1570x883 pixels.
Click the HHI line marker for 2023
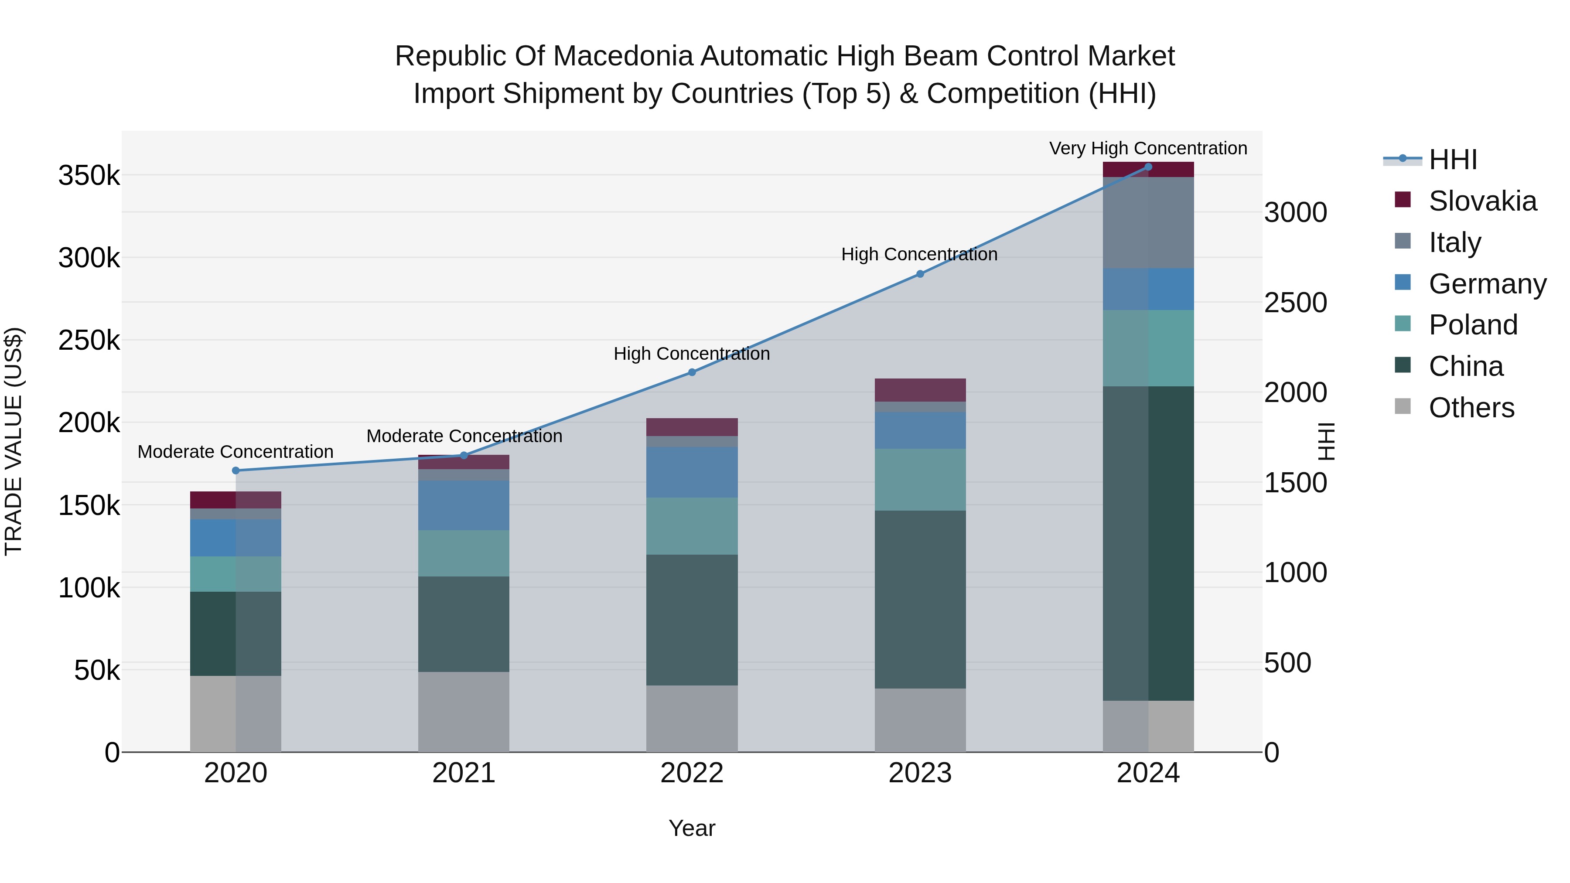coord(920,274)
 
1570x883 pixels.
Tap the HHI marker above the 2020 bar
coord(236,470)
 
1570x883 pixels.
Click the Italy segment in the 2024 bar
coord(1148,222)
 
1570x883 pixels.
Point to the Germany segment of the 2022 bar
coord(692,472)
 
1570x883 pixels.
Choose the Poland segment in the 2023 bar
coord(920,480)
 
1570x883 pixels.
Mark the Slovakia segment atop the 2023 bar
coord(920,390)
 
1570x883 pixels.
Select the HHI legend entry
coord(1452,160)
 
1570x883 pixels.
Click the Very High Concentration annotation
coord(1148,148)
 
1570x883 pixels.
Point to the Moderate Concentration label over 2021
coord(464,436)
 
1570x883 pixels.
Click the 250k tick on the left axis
coord(89,341)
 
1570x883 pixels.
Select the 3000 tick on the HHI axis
coord(1295,213)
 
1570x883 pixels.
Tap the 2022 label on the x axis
coord(692,773)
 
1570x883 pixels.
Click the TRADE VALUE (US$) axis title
coord(14,441)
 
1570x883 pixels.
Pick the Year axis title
coord(692,828)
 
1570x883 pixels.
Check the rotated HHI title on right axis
coord(1326,441)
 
